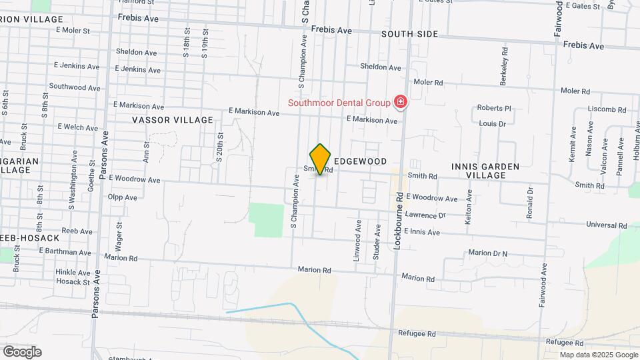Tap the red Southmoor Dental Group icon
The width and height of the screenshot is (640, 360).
pos(401,102)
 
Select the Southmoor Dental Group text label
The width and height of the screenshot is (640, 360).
pos(339,103)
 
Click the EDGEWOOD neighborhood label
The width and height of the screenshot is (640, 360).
pos(360,162)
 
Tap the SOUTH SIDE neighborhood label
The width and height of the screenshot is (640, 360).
pos(409,34)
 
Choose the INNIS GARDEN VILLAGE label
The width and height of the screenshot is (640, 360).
pos(485,170)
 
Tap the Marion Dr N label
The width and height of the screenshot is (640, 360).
pos(487,253)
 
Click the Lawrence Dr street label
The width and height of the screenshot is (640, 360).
pos(425,215)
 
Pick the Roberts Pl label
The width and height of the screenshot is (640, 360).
pos(493,108)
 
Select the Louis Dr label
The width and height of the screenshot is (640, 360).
pos(493,123)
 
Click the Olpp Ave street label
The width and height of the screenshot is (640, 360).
pos(122,197)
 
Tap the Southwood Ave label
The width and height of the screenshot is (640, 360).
pos(74,87)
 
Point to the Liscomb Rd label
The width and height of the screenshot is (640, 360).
pos(607,109)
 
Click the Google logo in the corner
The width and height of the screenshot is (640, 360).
pos(22,351)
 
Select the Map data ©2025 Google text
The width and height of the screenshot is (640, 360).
pos(598,355)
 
